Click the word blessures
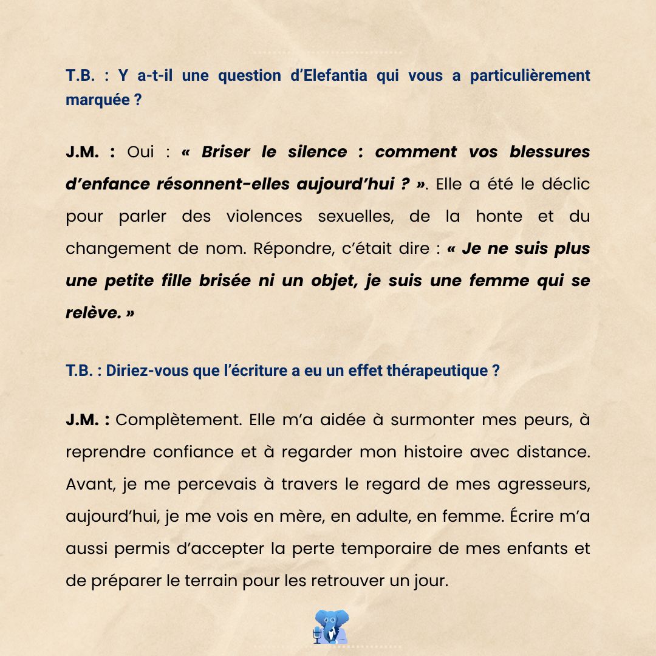pyautogui.click(x=550, y=152)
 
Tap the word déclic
pyautogui.click(x=562, y=184)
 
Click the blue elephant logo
pyautogui.click(x=333, y=626)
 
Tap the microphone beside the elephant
pyautogui.click(x=316, y=635)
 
